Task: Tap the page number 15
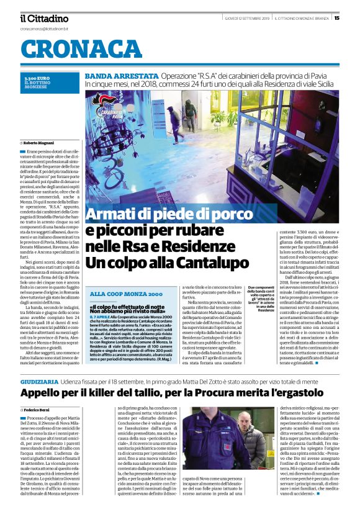pyautogui.click(x=354, y=18)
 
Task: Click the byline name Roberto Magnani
pyautogui.click(x=39, y=142)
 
